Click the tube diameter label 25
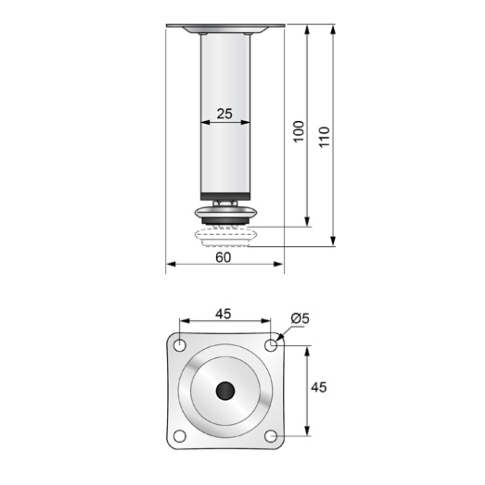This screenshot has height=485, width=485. point(225,113)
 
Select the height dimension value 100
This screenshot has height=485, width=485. point(299,130)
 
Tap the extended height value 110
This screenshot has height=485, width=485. point(324,137)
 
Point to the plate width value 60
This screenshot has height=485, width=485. point(223,258)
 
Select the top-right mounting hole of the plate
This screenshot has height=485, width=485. point(271,345)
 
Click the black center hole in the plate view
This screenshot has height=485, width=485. point(225,390)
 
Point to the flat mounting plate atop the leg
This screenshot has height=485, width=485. point(225,25)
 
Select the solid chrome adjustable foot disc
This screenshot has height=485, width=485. point(225,212)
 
